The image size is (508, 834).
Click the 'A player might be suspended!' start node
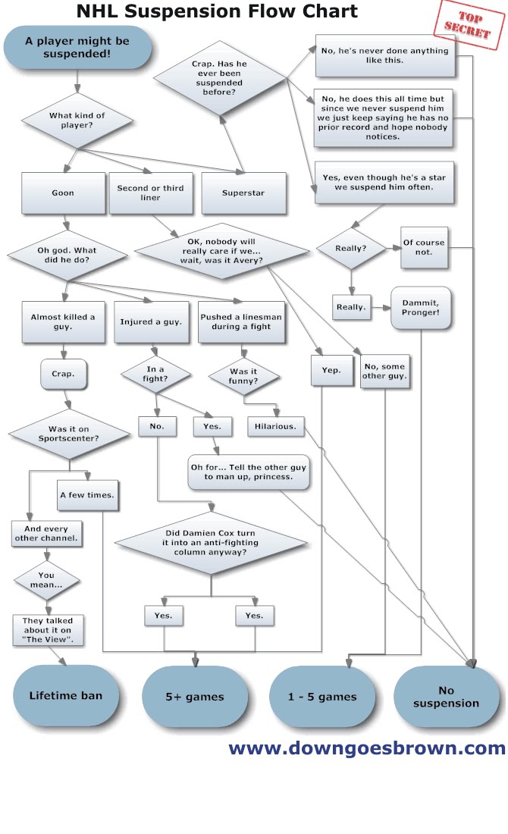(77, 47)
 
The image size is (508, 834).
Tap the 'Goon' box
(63, 193)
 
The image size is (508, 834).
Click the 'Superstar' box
(243, 193)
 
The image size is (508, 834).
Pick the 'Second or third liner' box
(150, 193)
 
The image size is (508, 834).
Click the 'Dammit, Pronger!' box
(421, 307)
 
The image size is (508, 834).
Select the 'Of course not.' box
(424, 247)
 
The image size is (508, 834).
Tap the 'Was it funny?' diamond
(245, 375)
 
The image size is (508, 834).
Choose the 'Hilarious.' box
(276, 427)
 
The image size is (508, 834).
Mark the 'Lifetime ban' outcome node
(66, 695)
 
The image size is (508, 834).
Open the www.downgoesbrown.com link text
(367, 749)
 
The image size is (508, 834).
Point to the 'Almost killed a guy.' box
(63, 321)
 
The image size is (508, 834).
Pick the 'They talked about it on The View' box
(48, 630)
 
